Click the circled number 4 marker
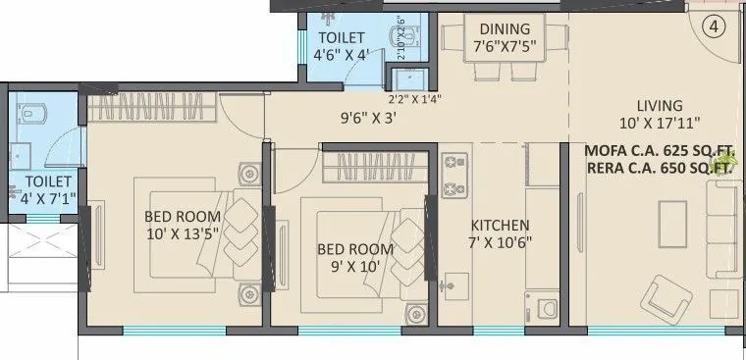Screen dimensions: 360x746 click(x=715, y=27)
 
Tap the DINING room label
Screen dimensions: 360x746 click(x=505, y=28)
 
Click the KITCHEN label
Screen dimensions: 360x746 click(x=500, y=225)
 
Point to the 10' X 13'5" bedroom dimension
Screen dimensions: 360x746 click(x=182, y=233)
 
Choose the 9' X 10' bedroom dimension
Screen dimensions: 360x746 click(x=354, y=267)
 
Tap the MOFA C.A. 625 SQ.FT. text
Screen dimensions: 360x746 click(x=660, y=151)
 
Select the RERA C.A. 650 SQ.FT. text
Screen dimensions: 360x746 click(x=660, y=168)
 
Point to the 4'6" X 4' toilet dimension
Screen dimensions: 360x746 click(x=341, y=56)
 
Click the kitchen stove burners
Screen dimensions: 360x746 click(x=454, y=174)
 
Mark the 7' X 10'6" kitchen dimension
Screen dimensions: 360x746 click(x=500, y=242)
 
